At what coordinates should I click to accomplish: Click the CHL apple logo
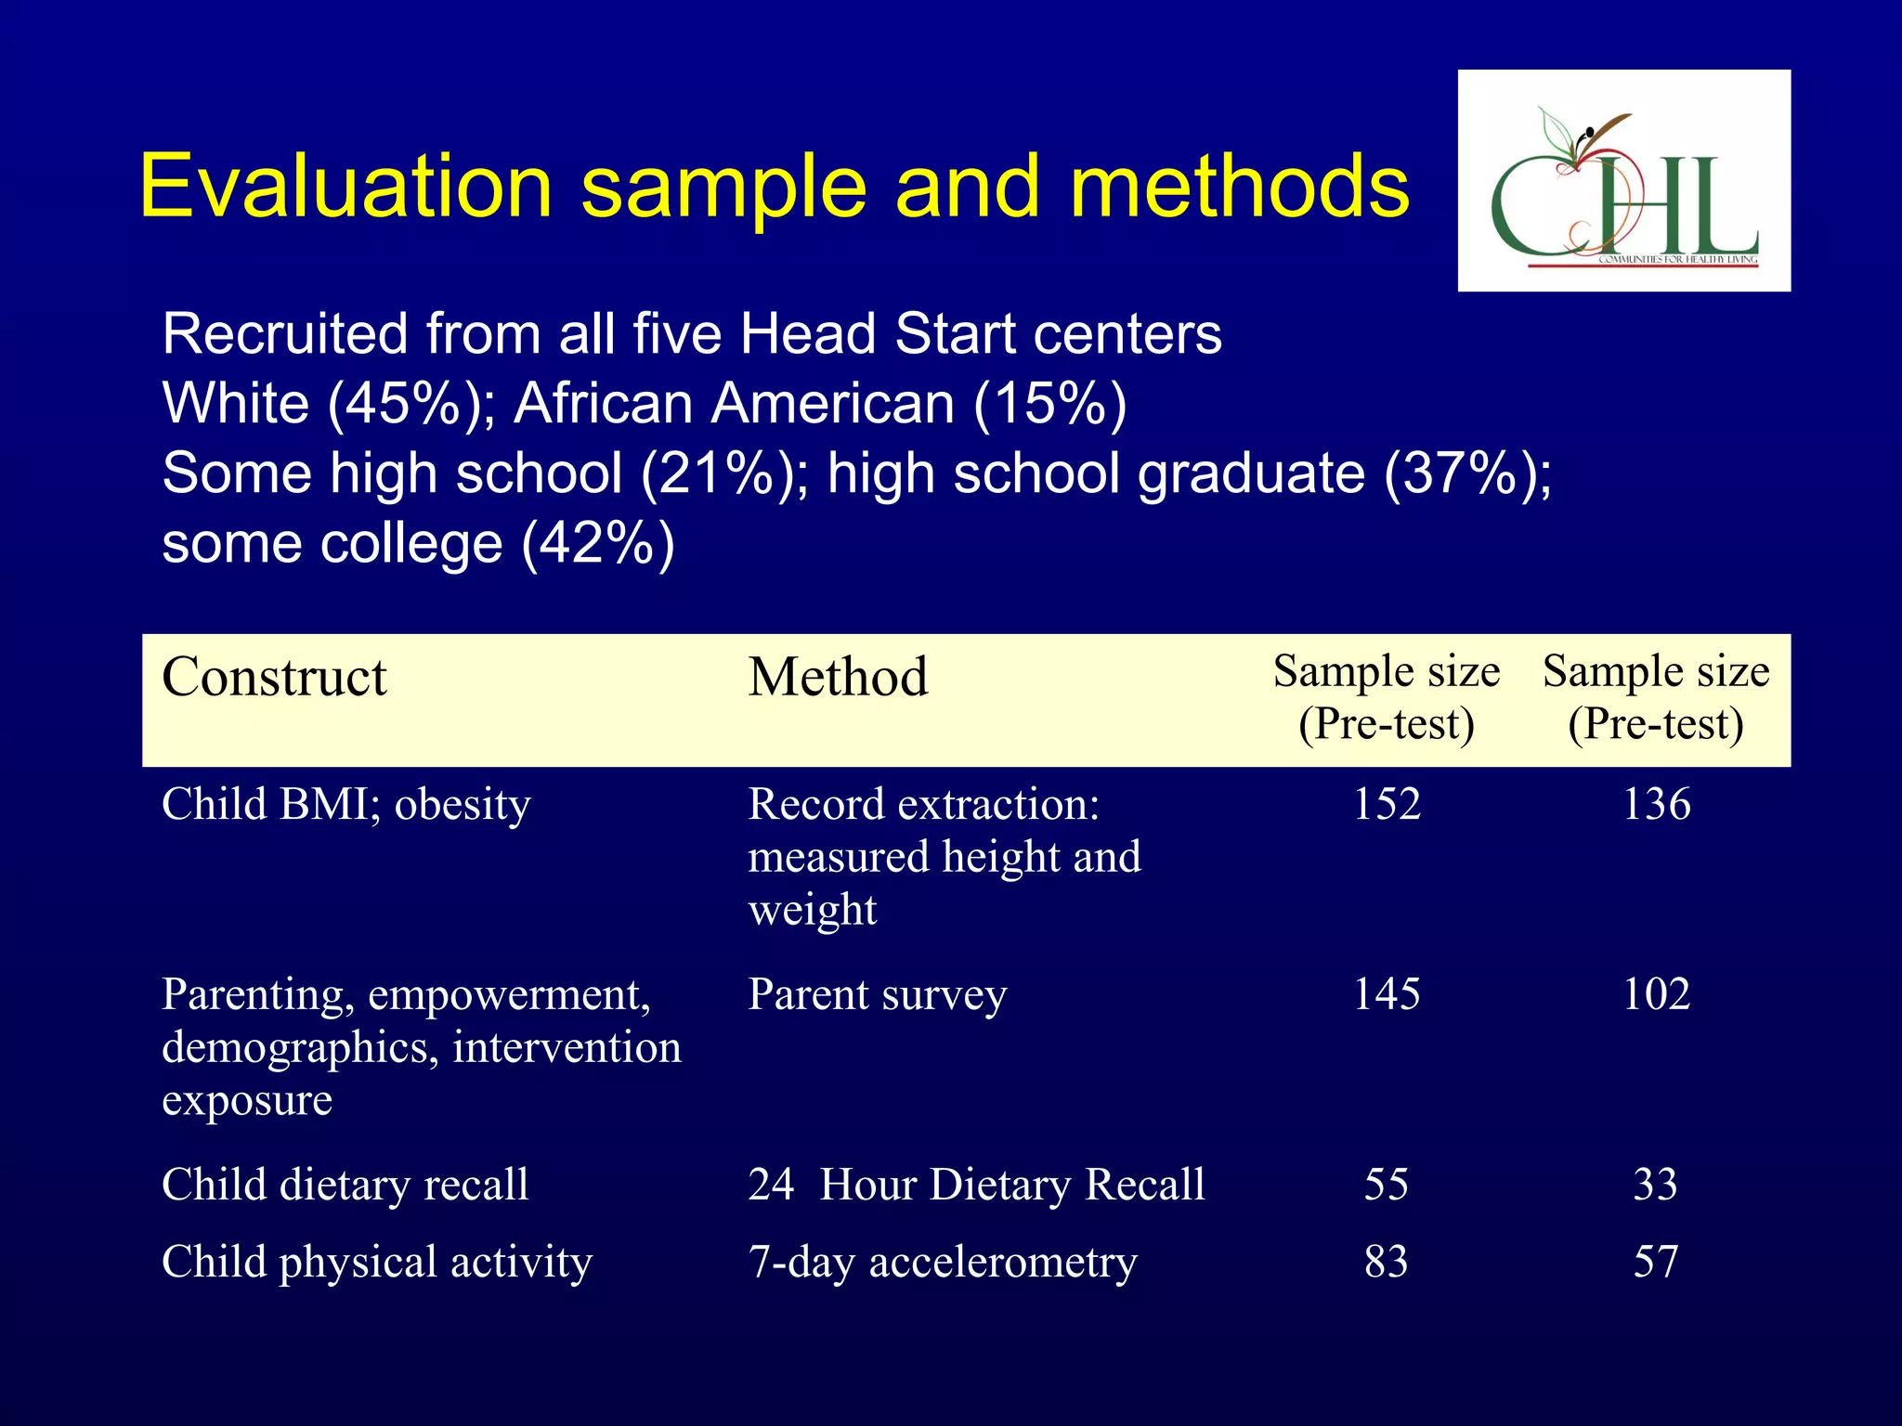click(x=1623, y=181)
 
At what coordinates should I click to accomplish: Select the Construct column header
click(x=274, y=677)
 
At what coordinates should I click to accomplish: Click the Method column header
click(x=838, y=677)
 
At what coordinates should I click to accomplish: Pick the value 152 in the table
click(x=1386, y=804)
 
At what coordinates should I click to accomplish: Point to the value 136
click(x=1656, y=804)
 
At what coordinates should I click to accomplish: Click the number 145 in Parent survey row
click(x=1386, y=994)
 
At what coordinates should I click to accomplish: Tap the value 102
click(x=1656, y=994)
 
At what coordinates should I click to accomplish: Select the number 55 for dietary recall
click(x=1386, y=1185)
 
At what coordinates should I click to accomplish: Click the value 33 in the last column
click(x=1656, y=1185)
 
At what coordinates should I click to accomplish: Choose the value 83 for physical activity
click(x=1386, y=1262)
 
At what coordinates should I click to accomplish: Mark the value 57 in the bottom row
click(x=1656, y=1262)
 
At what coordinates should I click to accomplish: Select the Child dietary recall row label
click(x=345, y=1185)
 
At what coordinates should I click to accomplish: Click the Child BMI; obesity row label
click(x=346, y=804)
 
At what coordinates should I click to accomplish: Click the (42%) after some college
click(x=598, y=544)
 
